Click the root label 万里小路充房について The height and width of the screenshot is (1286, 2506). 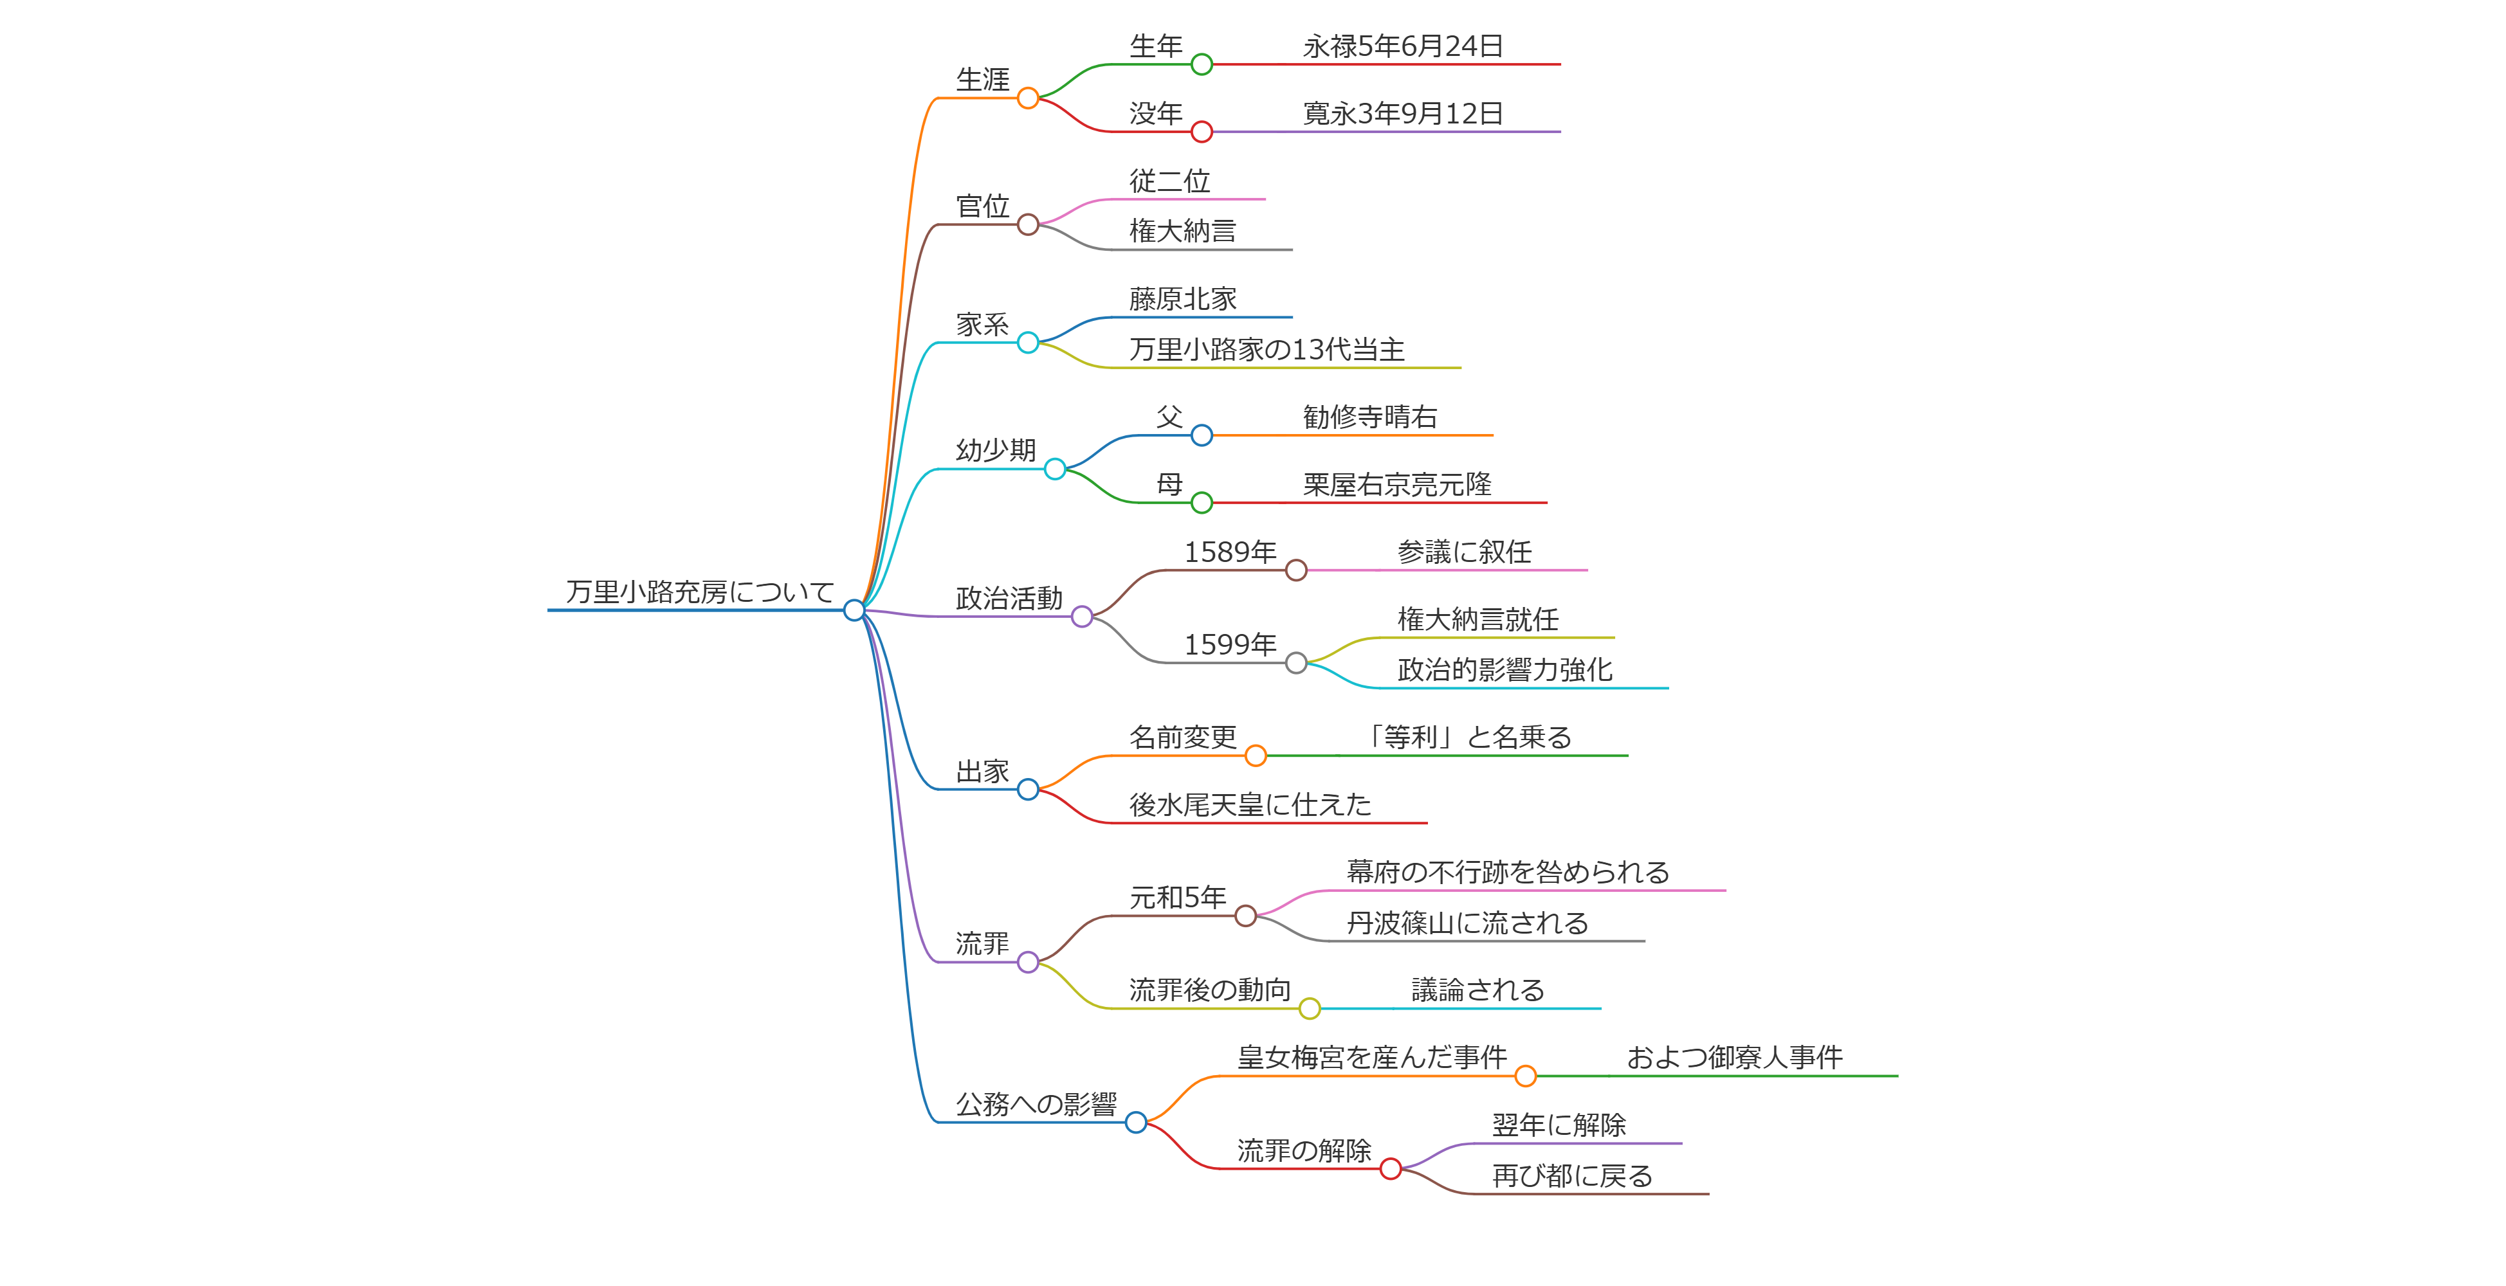[699, 592]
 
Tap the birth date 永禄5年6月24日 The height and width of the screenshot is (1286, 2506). [1403, 46]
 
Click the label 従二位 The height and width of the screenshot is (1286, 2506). [1169, 181]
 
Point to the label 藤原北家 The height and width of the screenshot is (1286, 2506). [1183, 298]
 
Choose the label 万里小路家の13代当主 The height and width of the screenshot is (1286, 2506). [1267, 349]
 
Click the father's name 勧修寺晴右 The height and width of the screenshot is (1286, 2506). [1369, 417]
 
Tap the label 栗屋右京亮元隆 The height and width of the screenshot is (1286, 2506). [1397, 484]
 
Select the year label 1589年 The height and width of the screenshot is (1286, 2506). [1230, 552]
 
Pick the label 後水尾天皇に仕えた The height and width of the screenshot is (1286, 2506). [1250, 804]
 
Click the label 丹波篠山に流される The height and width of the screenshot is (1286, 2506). [1467, 922]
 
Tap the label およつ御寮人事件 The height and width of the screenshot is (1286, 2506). [1735, 1057]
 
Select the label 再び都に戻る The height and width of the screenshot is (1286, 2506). [1572, 1175]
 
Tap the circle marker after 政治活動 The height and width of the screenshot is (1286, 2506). [1082, 617]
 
